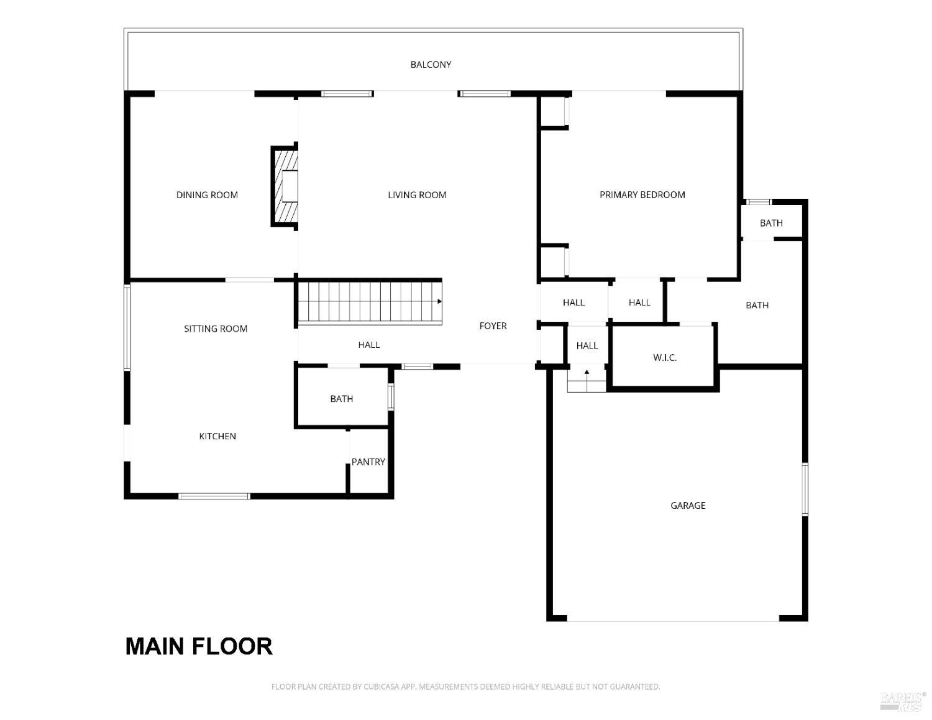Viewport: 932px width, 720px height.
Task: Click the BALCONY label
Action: pyautogui.click(x=431, y=65)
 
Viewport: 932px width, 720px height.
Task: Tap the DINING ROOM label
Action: pyautogui.click(x=207, y=195)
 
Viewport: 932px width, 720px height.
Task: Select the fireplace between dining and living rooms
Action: pyautogui.click(x=285, y=186)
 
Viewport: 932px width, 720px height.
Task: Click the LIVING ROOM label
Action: pyautogui.click(x=417, y=195)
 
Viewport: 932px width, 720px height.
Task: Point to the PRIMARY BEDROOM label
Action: pyautogui.click(x=642, y=195)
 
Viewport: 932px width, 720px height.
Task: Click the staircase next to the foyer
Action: pyautogui.click(x=369, y=302)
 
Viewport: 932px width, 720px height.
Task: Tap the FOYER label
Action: pyautogui.click(x=493, y=326)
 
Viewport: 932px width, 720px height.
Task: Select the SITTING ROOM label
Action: pyautogui.click(x=216, y=329)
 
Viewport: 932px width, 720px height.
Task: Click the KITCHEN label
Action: pyautogui.click(x=217, y=437)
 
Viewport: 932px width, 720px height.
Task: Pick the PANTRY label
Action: pyautogui.click(x=368, y=462)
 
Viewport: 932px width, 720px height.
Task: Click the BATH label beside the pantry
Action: pyautogui.click(x=342, y=399)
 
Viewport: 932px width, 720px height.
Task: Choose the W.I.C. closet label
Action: pyautogui.click(x=665, y=358)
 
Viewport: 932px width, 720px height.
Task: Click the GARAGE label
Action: pyautogui.click(x=688, y=506)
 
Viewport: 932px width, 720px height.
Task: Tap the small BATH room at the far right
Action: pyautogui.click(x=771, y=223)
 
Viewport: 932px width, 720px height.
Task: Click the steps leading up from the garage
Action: pyautogui.click(x=587, y=380)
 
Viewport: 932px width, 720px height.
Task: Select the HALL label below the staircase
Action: pyautogui.click(x=368, y=345)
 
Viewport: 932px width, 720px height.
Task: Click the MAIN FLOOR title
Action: pyautogui.click(x=199, y=646)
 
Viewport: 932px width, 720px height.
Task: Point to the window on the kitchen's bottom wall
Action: pyautogui.click(x=214, y=496)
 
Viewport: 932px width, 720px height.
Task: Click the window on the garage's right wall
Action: pyautogui.click(x=805, y=489)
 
